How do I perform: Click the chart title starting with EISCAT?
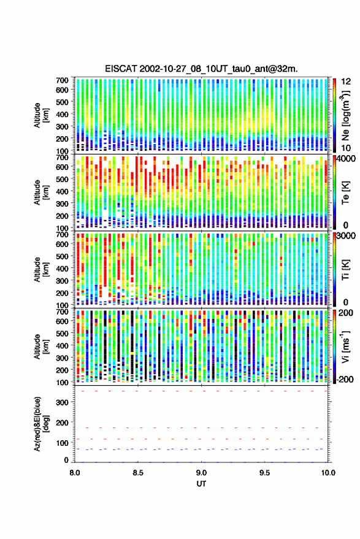tap(201, 69)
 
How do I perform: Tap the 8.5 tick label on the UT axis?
tap(138, 473)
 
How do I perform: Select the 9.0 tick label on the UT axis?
tap(201, 473)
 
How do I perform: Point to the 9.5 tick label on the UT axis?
tap(264, 473)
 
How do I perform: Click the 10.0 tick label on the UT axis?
tap(328, 473)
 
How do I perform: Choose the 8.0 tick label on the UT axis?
tap(75, 473)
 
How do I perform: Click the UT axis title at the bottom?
tap(201, 484)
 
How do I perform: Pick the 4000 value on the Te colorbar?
tap(347, 159)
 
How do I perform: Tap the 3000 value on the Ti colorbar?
tap(347, 236)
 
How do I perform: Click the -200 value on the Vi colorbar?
tap(345, 380)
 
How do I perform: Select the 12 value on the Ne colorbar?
tap(347, 82)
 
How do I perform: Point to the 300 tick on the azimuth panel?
tap(62, 402)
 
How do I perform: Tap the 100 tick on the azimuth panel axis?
tap(62, 443)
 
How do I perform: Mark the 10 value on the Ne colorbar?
tap(347, 148)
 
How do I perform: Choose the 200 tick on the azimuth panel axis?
tap(62, 422)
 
